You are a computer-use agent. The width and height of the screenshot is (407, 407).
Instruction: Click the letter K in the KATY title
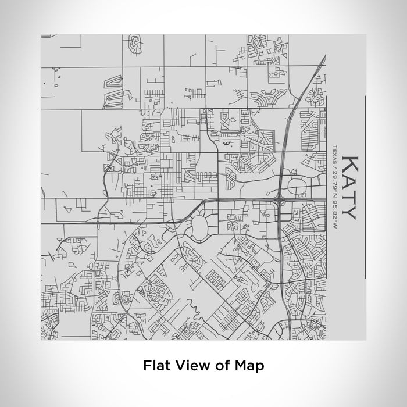point(349,163)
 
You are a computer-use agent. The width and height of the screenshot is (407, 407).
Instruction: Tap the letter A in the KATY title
point(349,181)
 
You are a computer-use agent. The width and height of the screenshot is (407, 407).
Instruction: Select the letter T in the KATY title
point(349,197)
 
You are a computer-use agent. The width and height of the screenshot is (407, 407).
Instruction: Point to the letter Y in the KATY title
point(349,212)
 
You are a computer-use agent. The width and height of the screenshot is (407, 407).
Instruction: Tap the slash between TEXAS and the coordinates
point(335,165)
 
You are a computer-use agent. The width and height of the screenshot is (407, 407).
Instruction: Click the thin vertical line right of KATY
point(365,186)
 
